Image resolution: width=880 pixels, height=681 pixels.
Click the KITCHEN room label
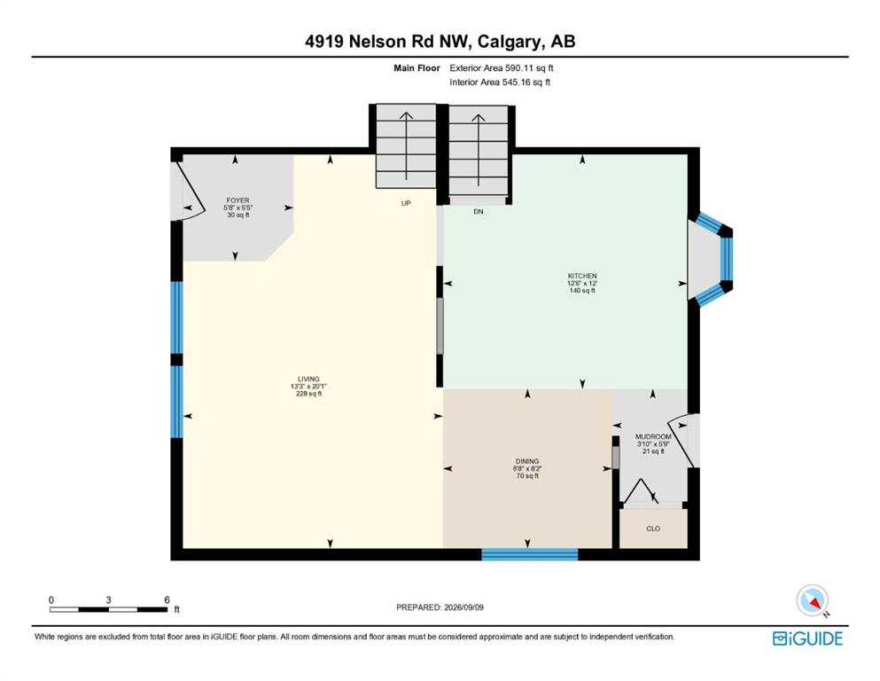tap(582, 276)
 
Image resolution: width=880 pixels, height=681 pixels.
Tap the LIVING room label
tap(308, 379)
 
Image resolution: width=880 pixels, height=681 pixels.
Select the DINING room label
tap(527, 461)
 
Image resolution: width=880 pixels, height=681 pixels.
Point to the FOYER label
tap(238, 200)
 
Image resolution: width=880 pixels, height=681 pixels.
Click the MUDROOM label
tap(653, 436)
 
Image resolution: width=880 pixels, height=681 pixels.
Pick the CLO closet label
tap(653, 528)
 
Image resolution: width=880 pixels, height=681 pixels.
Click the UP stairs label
tap(406, 203)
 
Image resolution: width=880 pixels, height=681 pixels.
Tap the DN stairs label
tap(479, 212)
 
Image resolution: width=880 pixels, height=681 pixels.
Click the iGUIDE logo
tap(807, 638)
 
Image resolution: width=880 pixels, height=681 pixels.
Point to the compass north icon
tap(812, 601)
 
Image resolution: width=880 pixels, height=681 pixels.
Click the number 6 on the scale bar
tap(167, 599)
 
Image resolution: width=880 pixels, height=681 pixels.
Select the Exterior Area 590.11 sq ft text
tap(502, 68)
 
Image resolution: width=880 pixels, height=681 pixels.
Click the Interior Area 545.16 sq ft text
tap(500, 82)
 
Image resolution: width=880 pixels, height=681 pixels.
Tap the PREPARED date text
tap(440, 607)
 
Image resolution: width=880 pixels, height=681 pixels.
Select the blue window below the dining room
tap(530, 554)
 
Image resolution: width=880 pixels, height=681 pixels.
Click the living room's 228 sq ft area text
tap(308, 394)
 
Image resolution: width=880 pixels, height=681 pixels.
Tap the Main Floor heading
tap(417, 68)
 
